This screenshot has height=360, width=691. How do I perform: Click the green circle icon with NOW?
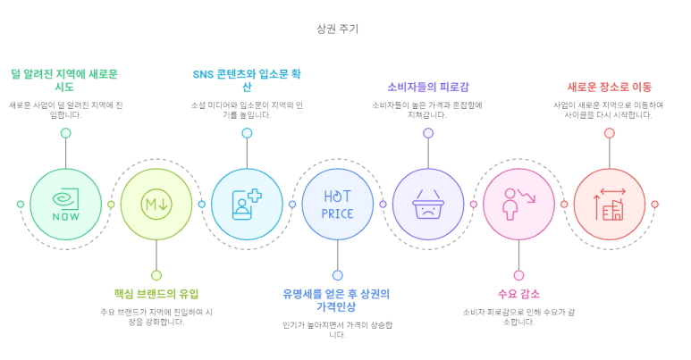click(x=65, y=204)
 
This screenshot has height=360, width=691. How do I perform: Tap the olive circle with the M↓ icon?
click(x=156, y=204)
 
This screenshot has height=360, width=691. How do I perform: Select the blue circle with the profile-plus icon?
click(x=247, y=204)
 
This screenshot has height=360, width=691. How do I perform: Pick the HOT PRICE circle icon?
click(x=337, y=204)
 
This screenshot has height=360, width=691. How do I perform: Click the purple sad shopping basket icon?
click(x=428, y=204)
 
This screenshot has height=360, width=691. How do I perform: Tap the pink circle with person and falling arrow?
click(x=518, y=204)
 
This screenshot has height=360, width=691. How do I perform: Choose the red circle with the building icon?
click(x=609, y=204)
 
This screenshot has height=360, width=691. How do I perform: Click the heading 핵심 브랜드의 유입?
click(x=156, y=294)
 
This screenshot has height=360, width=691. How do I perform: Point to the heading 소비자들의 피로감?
click(x=428, y=87)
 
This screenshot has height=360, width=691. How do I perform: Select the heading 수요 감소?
click(x=518, y=294)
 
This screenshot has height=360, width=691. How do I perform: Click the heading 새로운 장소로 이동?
click(x=609, y=87)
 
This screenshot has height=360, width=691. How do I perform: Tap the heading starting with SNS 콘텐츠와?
click(x=247, y=80)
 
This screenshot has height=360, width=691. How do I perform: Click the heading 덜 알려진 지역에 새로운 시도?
click(x=65, y=80)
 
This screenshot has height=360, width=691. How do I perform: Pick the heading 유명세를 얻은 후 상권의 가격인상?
click(x=337, y=300)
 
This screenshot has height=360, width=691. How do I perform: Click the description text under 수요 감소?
click(x=518, y=316)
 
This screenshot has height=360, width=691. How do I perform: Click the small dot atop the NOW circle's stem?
click(x=65, y=133)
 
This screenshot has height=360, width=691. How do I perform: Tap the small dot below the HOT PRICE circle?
click(x=337, y=275)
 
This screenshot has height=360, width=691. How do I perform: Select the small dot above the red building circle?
click(x=609, y=133)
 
